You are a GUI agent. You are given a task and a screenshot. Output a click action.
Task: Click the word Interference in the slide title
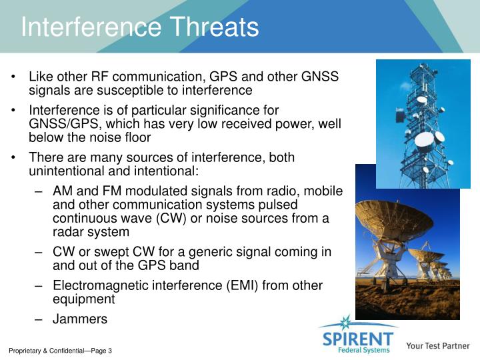pos(91,27)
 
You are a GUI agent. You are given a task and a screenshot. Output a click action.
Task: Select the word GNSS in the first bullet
pos(320,77)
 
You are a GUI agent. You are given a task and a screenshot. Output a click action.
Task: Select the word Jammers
pos(79,319)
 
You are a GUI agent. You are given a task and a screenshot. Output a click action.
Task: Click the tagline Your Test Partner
pos(437,346)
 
